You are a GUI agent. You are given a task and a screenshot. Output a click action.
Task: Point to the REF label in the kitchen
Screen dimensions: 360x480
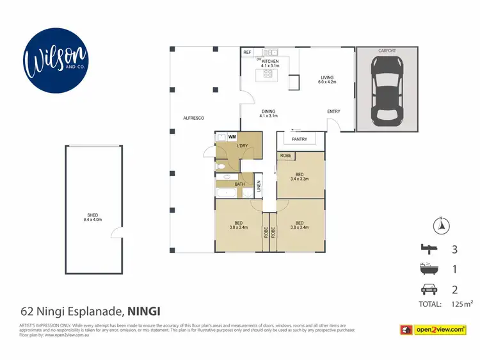[x=247, y=52]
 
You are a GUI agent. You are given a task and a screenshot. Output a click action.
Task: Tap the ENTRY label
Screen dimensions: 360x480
[x=333, y=111]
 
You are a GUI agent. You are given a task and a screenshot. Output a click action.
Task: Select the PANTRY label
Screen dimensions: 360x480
[x=299, y=139]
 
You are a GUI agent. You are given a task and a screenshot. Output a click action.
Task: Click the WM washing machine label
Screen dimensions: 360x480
[x=232, y=136]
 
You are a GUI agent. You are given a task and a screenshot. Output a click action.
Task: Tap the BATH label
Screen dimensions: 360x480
[x=239, y=184]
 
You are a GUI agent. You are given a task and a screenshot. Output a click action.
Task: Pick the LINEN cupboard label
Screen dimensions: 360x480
[x=259, y=186]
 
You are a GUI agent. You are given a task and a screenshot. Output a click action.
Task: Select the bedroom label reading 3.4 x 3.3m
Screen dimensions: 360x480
[x=299, y=177]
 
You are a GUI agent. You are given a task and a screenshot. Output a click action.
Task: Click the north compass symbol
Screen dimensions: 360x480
[x=440, y=225]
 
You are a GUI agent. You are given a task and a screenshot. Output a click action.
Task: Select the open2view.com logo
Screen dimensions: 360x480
[x=440, y=329]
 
